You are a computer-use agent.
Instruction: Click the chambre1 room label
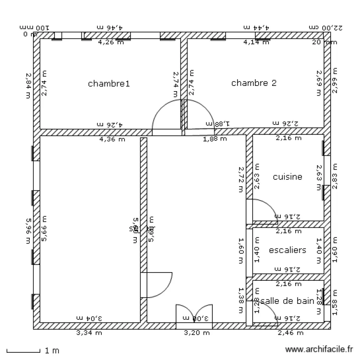(x=109, y=84)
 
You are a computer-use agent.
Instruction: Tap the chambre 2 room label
(x=254, y=83)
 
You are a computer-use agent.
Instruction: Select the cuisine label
(x=288, y=177)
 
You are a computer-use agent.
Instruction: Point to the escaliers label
(x=288, y=250)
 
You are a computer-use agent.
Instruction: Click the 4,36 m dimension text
(x=111, y=140)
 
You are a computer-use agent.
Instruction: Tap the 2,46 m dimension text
(x=291, y=332)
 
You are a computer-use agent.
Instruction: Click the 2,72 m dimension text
(x=241, y=179)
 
